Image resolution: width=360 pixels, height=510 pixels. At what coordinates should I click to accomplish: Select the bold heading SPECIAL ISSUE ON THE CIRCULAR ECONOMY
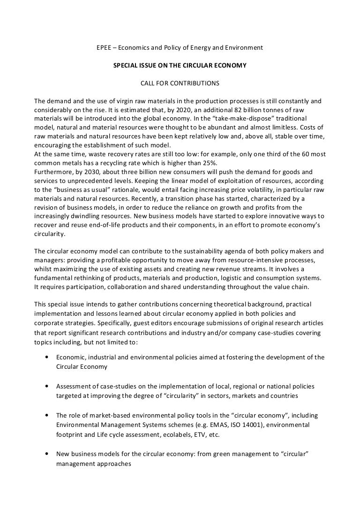[x=180, y=66]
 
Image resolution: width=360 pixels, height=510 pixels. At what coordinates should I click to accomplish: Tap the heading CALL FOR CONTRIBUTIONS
[x=180, y=84]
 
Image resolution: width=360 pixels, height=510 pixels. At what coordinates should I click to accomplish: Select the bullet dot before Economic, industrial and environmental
[x=47, y=357]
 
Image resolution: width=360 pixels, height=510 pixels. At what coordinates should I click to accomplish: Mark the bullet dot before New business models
[x=47, y=454]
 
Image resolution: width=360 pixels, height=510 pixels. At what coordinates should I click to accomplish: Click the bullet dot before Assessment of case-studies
[x=47, y=386]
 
